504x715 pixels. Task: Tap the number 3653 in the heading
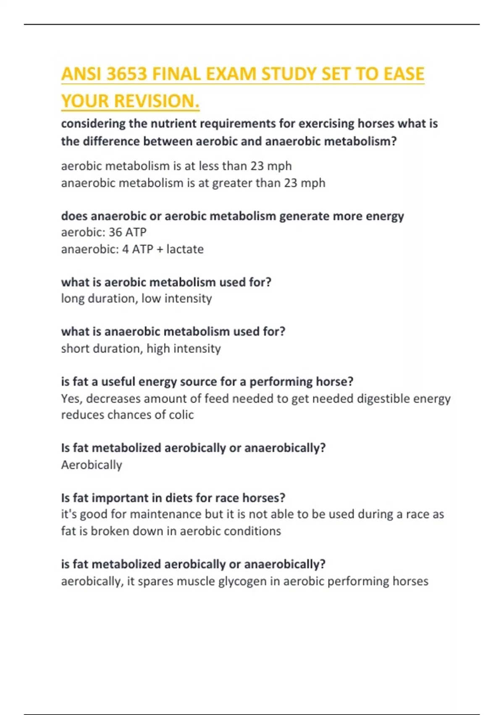(127, 74)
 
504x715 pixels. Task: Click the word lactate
(185, 249)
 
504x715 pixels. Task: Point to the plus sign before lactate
(160, 249)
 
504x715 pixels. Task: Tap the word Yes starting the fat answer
(71, 398)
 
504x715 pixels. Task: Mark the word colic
(181, 415)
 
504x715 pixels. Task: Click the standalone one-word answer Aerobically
(92, 465)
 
